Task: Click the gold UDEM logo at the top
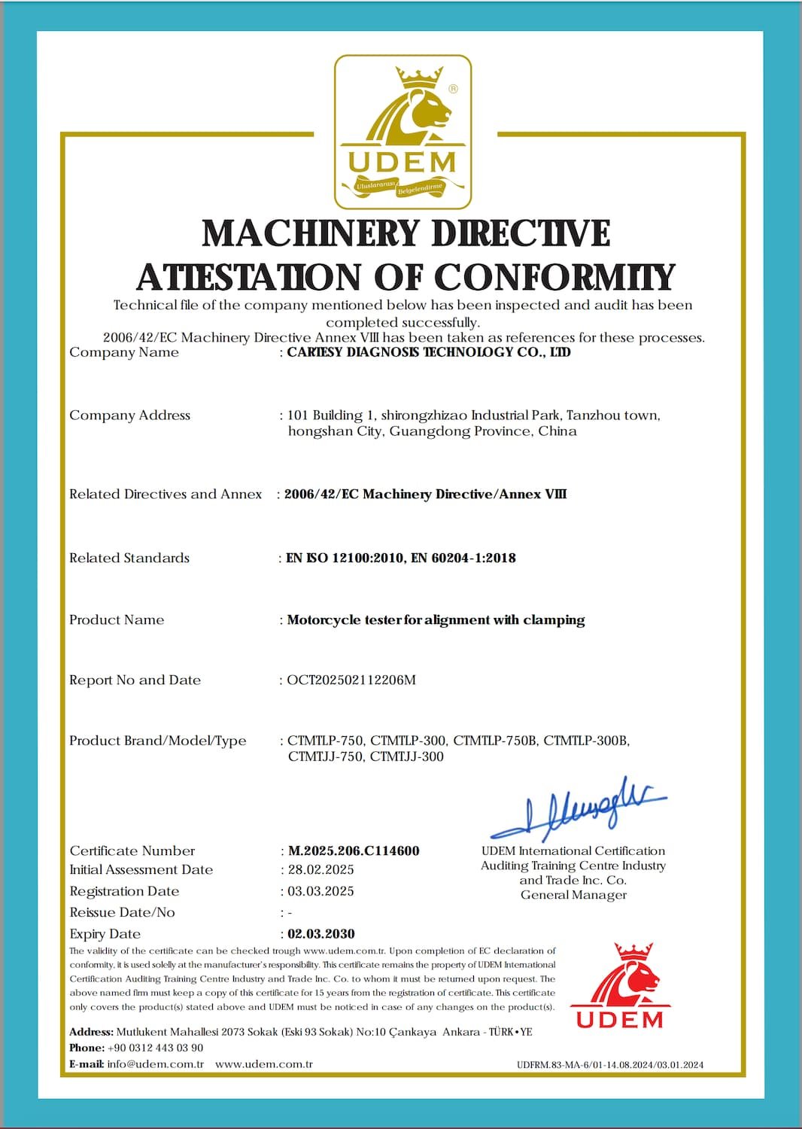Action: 403,132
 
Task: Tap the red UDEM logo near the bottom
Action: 620,986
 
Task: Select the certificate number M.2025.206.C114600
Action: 354,851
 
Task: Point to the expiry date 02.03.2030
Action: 321,933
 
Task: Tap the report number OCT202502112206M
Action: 351,680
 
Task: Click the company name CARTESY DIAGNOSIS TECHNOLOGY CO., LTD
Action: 429,352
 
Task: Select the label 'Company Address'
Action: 129,415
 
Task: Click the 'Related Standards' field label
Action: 129,558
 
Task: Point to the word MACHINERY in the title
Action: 312,233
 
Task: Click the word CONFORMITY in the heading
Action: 554,277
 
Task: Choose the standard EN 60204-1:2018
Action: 463,558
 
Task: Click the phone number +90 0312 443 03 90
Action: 156,1048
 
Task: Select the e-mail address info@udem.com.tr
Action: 156,1064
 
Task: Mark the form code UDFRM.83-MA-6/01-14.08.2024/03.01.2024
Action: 610,1065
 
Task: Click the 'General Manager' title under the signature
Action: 573,895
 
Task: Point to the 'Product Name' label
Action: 117,619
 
